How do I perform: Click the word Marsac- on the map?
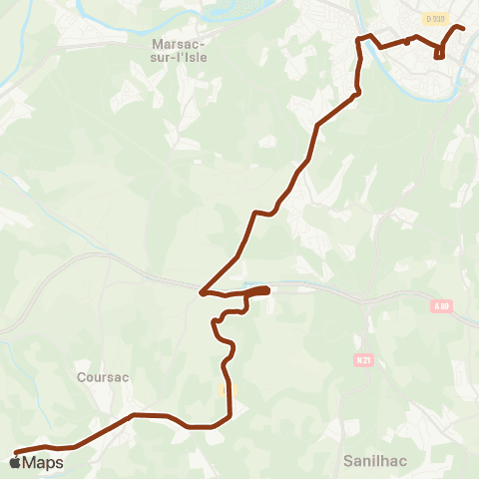tap(179, 44)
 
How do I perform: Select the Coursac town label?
tap(103, 377)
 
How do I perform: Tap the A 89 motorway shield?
tap(441, 308)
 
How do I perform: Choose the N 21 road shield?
tap(363, 359)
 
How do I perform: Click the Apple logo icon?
tap(15, 462)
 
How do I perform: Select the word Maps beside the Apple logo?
tap(43, 463)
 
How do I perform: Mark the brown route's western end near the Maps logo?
tap(16, 452)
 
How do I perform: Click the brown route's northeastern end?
tap(464, 28)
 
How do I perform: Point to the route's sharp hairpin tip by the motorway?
tap(202, 293)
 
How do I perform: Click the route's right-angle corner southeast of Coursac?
tap(231, 415)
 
